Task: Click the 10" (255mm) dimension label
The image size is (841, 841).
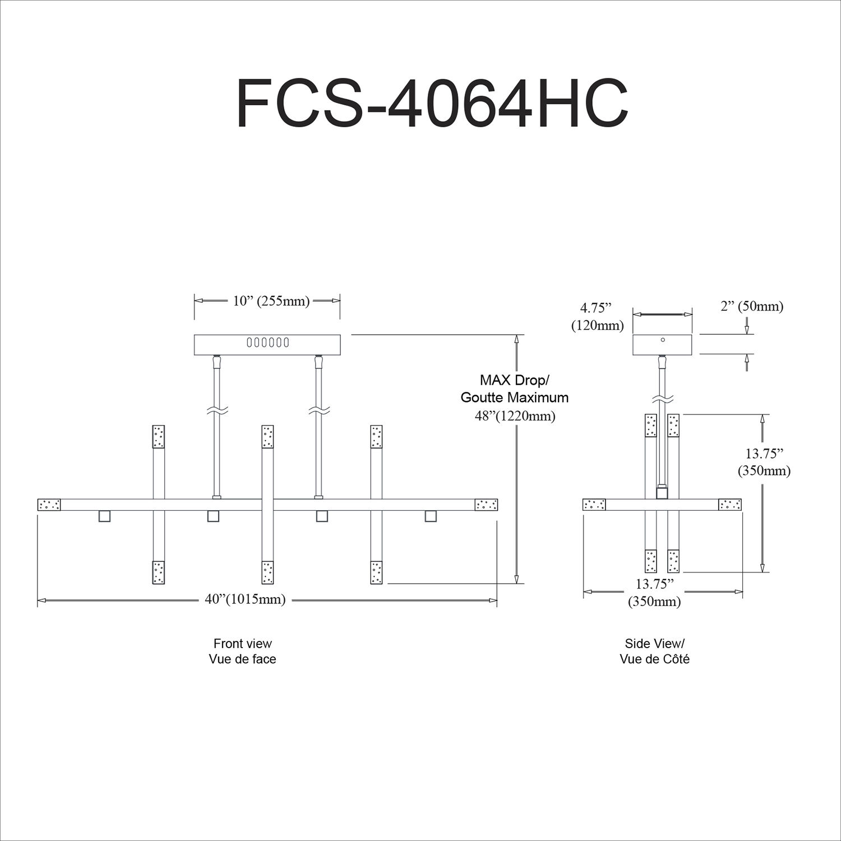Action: coord(271,301)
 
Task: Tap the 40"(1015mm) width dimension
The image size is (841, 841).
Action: coord(245,599)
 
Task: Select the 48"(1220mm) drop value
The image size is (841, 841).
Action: coord(515,416)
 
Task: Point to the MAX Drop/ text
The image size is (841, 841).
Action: coord(515,380)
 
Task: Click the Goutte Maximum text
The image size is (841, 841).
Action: coord(515,398)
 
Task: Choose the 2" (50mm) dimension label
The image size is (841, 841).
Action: coord(752,306)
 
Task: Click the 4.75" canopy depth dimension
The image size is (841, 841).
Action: coord(596,307)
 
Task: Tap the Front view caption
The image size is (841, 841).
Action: coord(243,643)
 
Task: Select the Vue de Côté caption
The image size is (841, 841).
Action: coord(655,659)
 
